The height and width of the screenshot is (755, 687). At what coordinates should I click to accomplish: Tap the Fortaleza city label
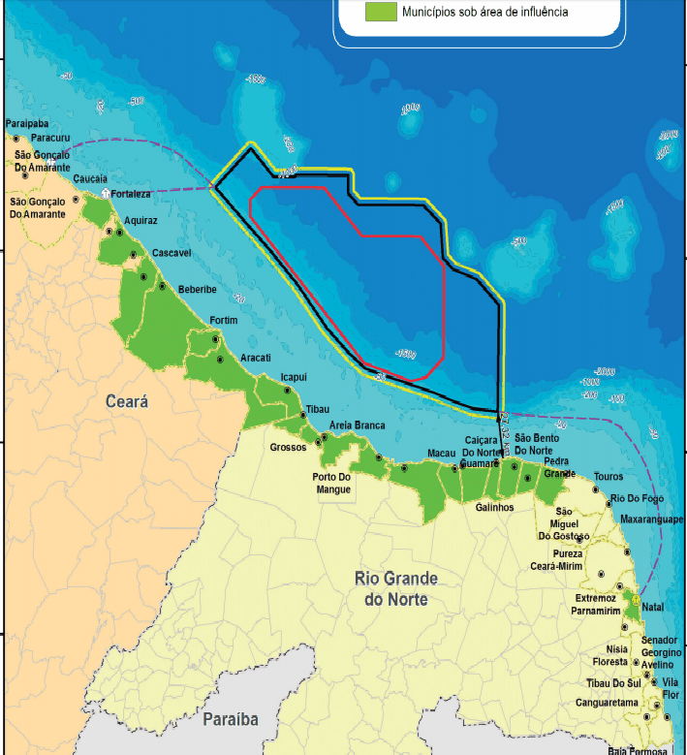click(132, 194)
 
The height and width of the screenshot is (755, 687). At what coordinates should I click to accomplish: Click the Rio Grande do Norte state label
click(395, 588)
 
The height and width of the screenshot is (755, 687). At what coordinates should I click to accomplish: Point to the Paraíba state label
click(231, 719)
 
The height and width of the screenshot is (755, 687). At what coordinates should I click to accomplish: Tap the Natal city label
click(652, 607)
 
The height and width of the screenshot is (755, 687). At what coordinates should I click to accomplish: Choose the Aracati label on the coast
click(256, 358)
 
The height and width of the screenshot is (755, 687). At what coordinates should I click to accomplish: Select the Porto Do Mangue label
click(331, 483)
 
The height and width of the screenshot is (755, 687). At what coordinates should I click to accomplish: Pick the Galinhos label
click(494, 507)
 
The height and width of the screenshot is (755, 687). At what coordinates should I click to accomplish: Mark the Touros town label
click(609, 477)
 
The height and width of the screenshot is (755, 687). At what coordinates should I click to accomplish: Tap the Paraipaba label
click(27, 124)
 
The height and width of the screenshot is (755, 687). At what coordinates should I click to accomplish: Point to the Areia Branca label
click(357, 425)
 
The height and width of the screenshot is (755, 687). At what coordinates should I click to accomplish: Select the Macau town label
click(441, 453)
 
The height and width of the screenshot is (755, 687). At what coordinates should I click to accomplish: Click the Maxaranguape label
click(653, 519)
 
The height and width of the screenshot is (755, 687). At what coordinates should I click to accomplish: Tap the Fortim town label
click(224, 320)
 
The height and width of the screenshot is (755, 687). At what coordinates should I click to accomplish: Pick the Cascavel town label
click(172, 253)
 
